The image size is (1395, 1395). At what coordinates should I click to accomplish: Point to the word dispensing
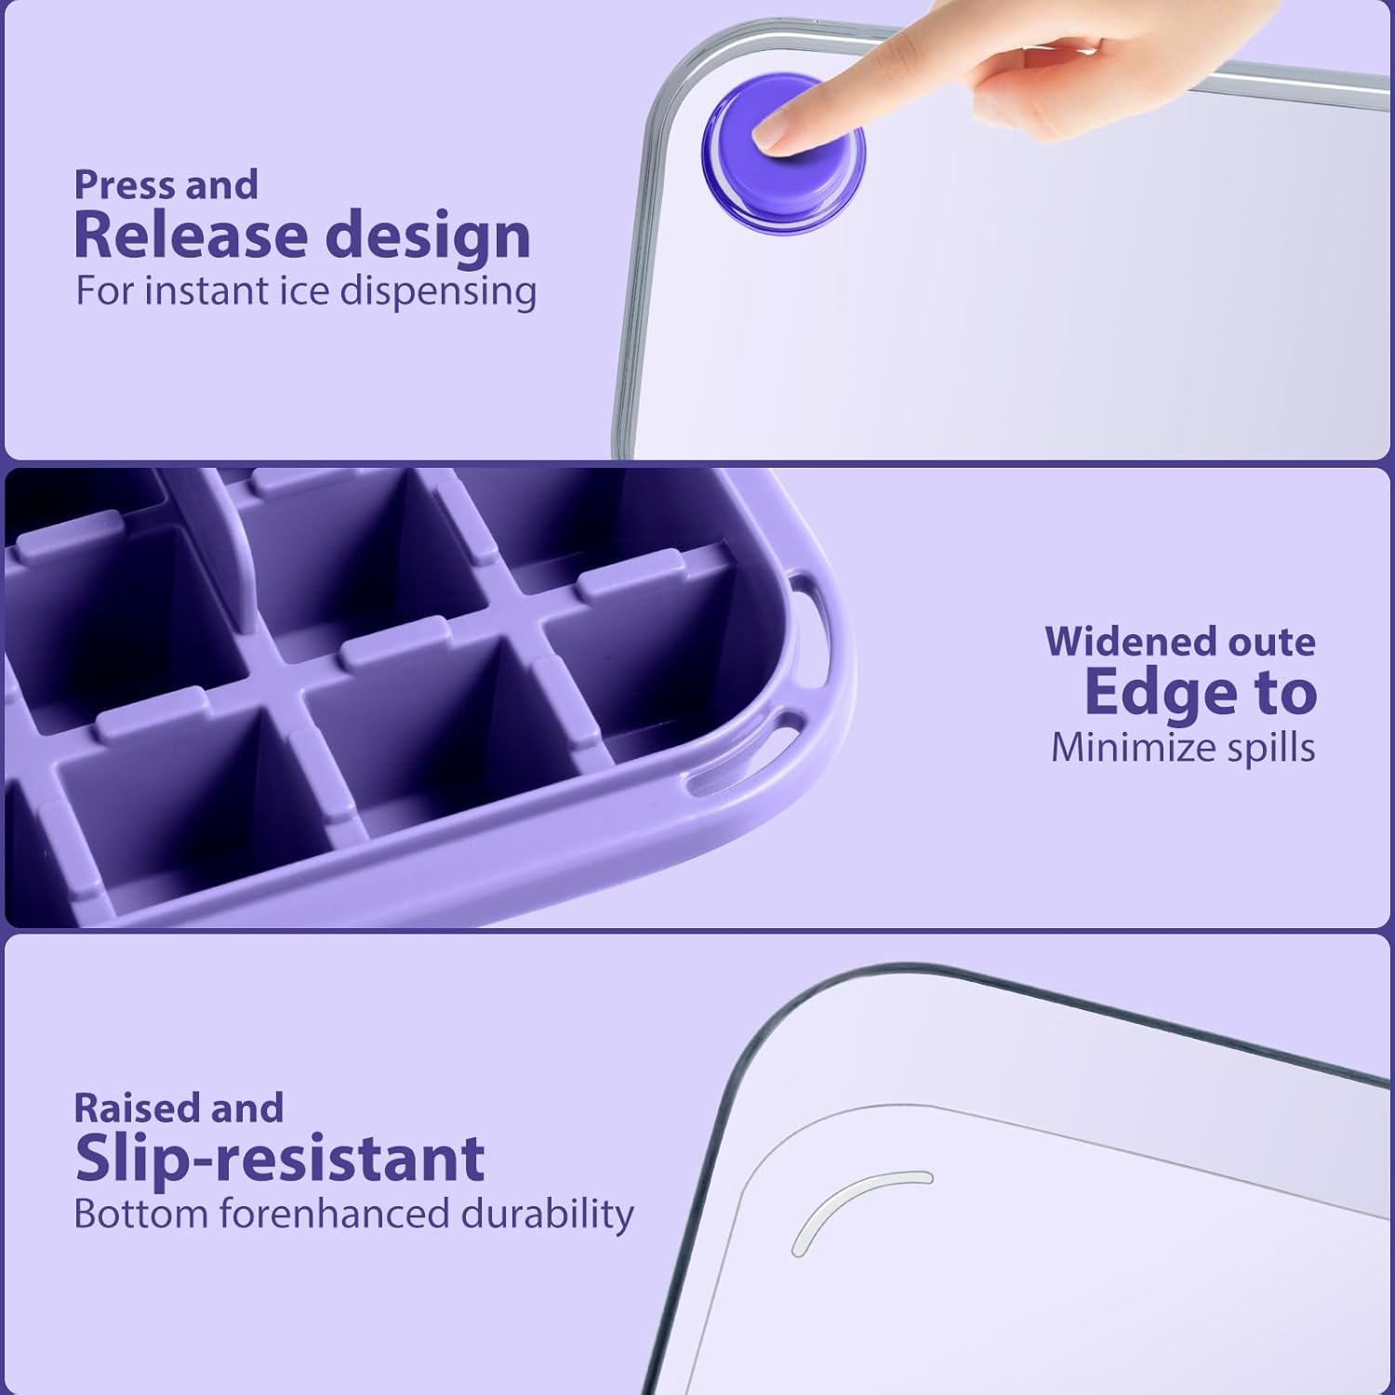[x=437, y=292]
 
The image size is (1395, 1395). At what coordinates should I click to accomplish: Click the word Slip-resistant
[x=279, y=1159]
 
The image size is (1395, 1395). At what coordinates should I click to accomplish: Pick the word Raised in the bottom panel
[x=136, y=1108]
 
